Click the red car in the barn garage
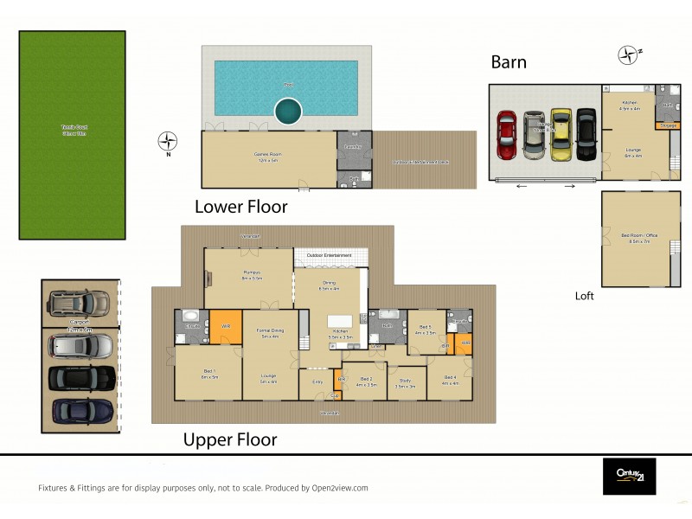(506, 134)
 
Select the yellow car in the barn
(561, 133)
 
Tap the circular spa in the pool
(288, 110)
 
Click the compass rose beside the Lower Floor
(168, 140)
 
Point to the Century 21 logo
(629, 476)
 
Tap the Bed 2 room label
(366, 380)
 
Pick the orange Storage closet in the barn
(667, 125)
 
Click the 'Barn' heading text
(509, 61)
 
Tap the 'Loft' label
(585, 296)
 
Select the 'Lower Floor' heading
(240, 207)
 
